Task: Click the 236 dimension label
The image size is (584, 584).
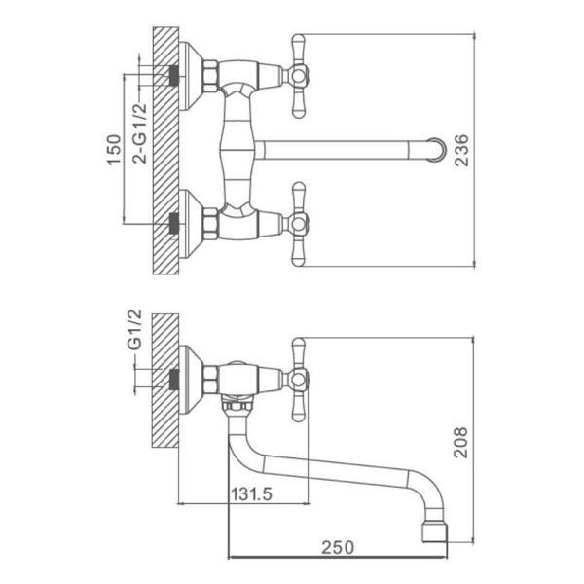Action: (461, 150)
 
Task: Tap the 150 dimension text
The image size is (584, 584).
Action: (114, 150)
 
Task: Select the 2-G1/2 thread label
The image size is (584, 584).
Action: (140, 133)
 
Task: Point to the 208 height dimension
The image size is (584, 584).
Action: (460, 443)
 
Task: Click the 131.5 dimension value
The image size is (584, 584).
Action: (251, 494)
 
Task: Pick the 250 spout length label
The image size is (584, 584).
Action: (338, 547)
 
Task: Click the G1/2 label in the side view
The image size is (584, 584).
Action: (134, 329)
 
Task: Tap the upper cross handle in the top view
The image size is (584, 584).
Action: (298, 76)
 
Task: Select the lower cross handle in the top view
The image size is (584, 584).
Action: (298, 224)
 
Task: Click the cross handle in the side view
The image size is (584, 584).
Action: (298, 380)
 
